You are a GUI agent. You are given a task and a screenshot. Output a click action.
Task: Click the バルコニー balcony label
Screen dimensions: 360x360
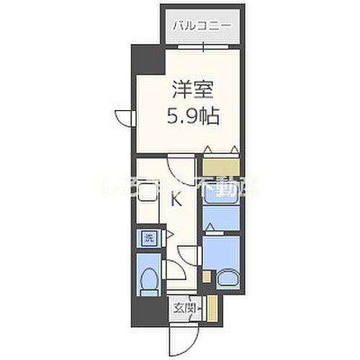tap(202, 25)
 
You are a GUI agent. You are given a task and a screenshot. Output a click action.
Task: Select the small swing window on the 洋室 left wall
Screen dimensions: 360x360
tap(125, 119)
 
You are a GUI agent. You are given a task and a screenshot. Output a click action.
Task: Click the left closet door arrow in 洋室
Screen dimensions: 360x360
tap(207, 149)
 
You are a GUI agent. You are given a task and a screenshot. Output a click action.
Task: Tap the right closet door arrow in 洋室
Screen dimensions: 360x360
tap(234, 149)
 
